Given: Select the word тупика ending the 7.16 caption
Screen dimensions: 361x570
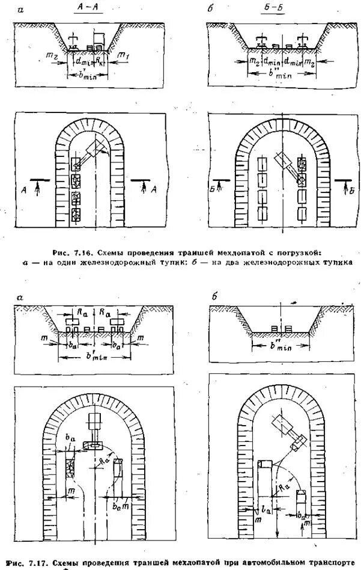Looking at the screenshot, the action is pos(333,262).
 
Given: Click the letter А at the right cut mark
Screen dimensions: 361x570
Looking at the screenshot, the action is pos(155,190).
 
